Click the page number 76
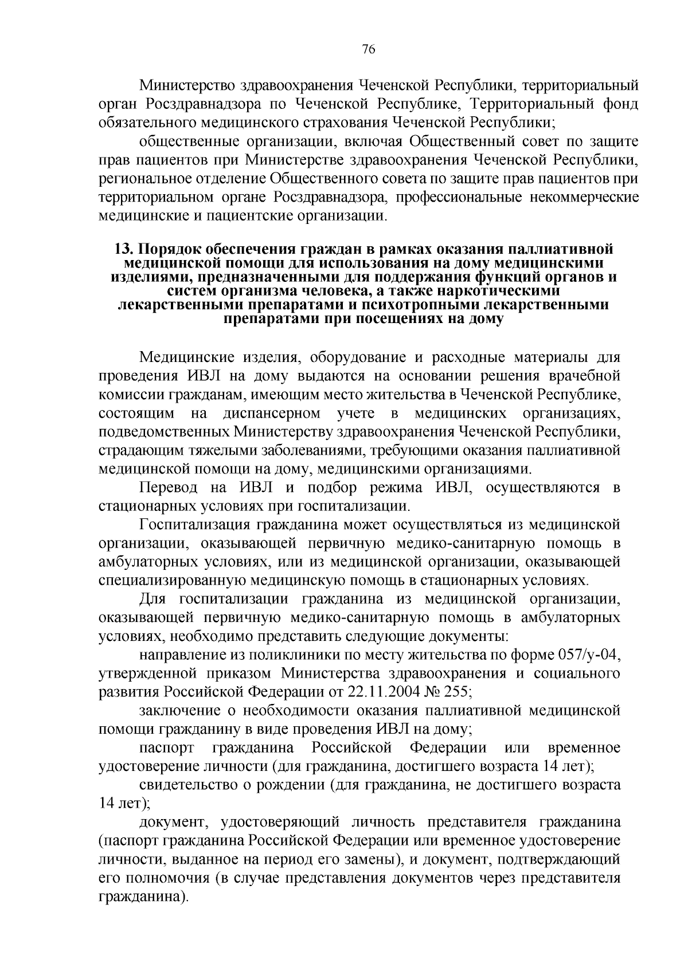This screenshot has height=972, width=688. click(x=369, y=49)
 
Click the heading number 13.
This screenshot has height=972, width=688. click(x=123, y=250)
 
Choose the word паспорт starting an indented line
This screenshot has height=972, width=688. click(x=166, y=748)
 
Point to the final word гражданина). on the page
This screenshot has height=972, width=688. click(x=143, y=896)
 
